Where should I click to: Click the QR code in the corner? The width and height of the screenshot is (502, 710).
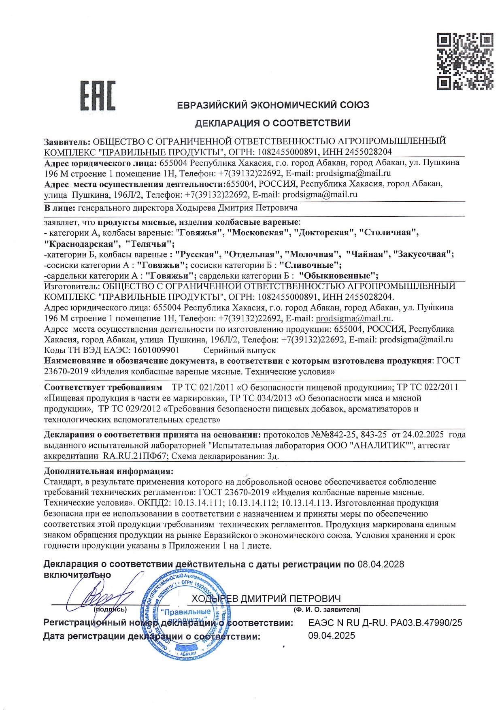pyautogui.click(x=465, y=61)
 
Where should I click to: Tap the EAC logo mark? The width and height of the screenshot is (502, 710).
pyautogui.click(x=98, y=96)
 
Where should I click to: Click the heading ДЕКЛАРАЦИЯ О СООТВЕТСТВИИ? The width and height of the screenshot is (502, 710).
pyautogui.click(x=273, y=123)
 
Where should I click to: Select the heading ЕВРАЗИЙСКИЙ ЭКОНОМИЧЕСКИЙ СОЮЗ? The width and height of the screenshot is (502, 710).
pyautogui.click(x=273, y=105)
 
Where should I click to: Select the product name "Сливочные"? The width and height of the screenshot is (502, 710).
pyautogui.click(x=311, y=265)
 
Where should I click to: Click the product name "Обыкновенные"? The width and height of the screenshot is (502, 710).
pyautogui.click(x=338, y=276)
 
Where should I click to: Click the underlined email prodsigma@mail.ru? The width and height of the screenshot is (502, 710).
pyautogui.click(x=353, y=318)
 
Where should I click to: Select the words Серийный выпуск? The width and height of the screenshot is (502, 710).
pyautogui.click(x=239, y=350)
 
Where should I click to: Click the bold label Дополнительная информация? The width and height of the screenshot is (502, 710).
pyautogui.click(x=108, y=471)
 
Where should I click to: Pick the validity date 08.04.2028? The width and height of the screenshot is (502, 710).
pyautogui.click(x=381, y=564)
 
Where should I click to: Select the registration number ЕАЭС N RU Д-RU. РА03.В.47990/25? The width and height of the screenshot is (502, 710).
pyautogui.click(x=385, y=623)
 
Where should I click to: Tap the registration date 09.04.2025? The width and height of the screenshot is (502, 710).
pyautogui.click(x=332, y=635)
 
